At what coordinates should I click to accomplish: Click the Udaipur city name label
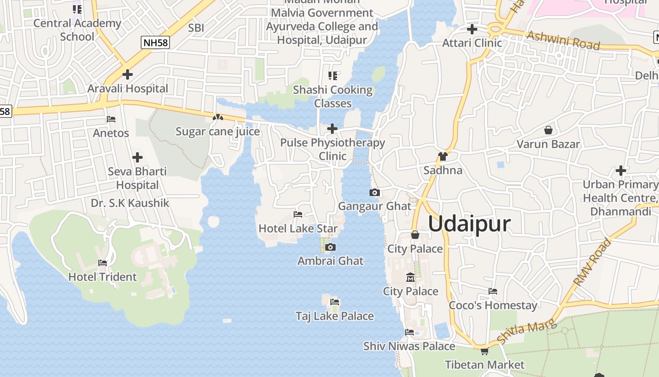point(469,223)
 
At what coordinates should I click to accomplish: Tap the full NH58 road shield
point(155,42)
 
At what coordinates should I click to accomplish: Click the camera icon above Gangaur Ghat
point(375,192)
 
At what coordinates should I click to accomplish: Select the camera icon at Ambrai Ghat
point(330,247)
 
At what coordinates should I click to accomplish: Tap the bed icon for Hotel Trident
point(103,262)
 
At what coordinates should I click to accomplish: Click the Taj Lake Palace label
point(335,316)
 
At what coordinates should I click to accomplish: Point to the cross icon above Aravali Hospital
point(127,74)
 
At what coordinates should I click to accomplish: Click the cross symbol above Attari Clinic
point(472,29)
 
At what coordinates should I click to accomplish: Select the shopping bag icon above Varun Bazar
point(548,130)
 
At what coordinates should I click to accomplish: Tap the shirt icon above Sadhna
point(442,156)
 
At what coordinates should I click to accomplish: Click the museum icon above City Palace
point(410,277)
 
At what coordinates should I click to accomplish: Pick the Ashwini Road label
point(563,41)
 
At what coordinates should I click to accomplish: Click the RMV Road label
point(592,262)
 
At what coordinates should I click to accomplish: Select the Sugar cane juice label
point(217,131)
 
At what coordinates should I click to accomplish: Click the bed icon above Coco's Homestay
point(493,291)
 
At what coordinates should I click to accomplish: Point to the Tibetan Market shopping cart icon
point(484,351)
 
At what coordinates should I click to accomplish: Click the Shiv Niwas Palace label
point(409,346)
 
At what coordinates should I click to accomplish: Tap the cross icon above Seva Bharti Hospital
point(137,157)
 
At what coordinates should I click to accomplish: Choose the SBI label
point(196,28)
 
